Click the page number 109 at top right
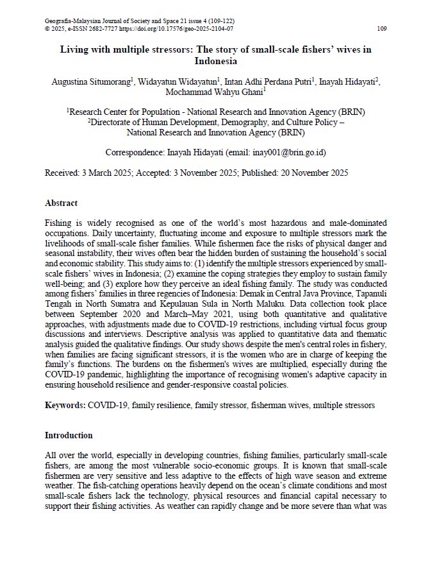(x=381, y=29)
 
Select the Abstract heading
(x=61, y=203)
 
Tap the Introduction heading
(x=69, y=435)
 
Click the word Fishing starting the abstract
(x=58, y=223)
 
